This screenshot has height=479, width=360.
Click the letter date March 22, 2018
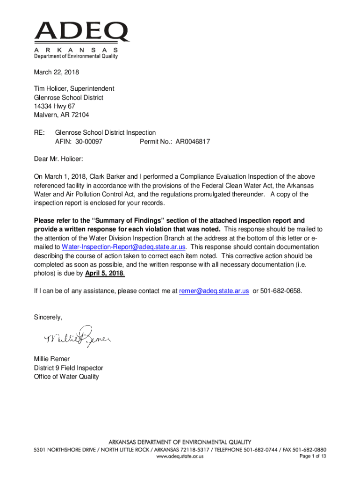[56, 73]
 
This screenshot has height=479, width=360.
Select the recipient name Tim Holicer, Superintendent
[74, 88]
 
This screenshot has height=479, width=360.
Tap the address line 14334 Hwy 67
[54, 106]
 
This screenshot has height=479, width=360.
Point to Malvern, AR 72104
[61, 115]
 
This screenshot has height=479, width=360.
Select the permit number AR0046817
[193, 141]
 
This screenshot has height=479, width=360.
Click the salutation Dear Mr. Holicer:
[58, 159]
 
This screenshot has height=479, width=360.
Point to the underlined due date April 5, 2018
[105, 273]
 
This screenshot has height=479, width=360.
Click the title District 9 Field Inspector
[68, 368]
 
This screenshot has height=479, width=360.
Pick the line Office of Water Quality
[66, 377]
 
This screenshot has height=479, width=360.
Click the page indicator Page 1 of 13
[312, 457]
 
